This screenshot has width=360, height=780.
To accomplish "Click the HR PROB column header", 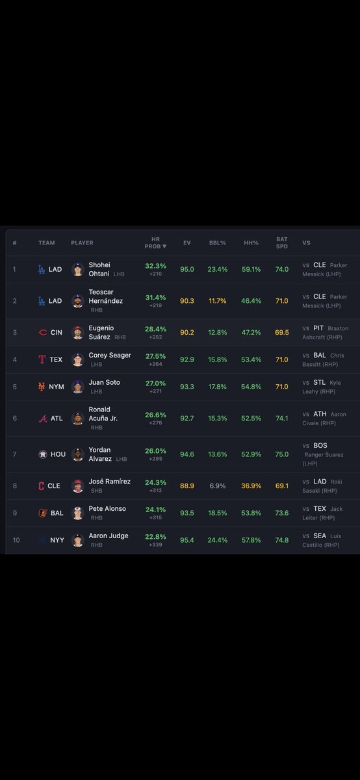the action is coord(155,242).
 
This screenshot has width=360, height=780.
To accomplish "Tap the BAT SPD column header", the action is coord(281,242).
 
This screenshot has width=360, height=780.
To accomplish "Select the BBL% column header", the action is coord(217,242).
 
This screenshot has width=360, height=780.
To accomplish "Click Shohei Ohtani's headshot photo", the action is coord(77,269).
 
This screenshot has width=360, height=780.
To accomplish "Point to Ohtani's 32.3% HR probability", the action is coord(155,266).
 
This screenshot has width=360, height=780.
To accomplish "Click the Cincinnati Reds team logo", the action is coord(42,333).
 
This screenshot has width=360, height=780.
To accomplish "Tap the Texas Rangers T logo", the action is coord(42,359).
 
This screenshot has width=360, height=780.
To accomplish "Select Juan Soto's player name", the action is coord(104,382).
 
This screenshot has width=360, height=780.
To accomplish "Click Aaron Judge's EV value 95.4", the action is coord(187,540).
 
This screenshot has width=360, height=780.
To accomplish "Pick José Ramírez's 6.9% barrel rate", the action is coord(217,486).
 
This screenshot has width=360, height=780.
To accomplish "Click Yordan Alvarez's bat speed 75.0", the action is coord(281,454).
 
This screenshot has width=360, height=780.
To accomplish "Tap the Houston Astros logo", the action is coord(43,454).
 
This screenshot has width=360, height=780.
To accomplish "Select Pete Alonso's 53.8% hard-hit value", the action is coord(251,513).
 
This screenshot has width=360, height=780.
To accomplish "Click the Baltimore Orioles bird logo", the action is coord(42,513).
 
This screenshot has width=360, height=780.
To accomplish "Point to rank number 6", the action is coord(15,418).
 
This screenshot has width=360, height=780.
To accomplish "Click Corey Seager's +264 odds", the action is coord(155,364).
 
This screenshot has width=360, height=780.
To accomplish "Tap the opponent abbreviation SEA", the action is coord(320,536).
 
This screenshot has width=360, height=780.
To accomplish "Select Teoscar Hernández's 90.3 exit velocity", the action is coord(187,301).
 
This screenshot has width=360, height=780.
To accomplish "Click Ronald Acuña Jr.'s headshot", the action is coord(77,418).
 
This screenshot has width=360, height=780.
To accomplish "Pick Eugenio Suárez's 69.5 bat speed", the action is coord(281,333).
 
